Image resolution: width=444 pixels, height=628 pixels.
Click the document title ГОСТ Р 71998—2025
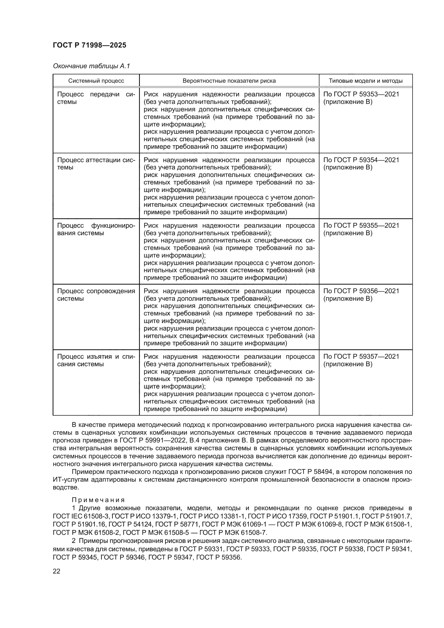click(89, 45)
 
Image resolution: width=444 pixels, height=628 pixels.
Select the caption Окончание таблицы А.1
click(91, 66)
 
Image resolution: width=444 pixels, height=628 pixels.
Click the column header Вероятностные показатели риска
click(229, 81)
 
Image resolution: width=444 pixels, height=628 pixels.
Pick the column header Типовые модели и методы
click(365, 81)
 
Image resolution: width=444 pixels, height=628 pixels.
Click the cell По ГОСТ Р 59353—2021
click(361, 94)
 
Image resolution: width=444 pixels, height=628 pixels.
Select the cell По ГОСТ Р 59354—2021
click(361, 160)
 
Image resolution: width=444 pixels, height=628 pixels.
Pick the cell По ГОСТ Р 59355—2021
click(361, 226)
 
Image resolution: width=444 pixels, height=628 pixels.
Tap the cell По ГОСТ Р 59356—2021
click(361, 291)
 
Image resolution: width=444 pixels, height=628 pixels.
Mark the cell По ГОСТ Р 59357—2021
click(361, 357)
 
